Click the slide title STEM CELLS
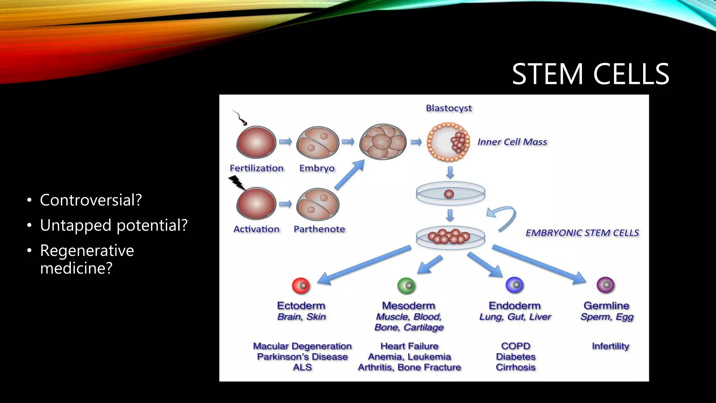click(590, 74)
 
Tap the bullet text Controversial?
click(91, 200)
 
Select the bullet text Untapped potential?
click(114, 225)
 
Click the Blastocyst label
click(449, 108)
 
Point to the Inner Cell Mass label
click(512, 142)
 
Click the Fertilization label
click(257, 168)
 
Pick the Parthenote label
click(319, 229)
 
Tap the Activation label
click(257, 229)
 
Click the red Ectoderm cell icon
click(301, 285)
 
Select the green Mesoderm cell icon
click(406, 285)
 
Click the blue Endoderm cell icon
click(514, 285)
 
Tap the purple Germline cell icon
click(606, 285)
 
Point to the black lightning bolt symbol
click(237, 182)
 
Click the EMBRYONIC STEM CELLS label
click(582, 233)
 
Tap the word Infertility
click(610, 346)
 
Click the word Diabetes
click(516, 357)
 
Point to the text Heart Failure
click(409, 346)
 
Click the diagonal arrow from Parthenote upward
click(349, 175)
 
